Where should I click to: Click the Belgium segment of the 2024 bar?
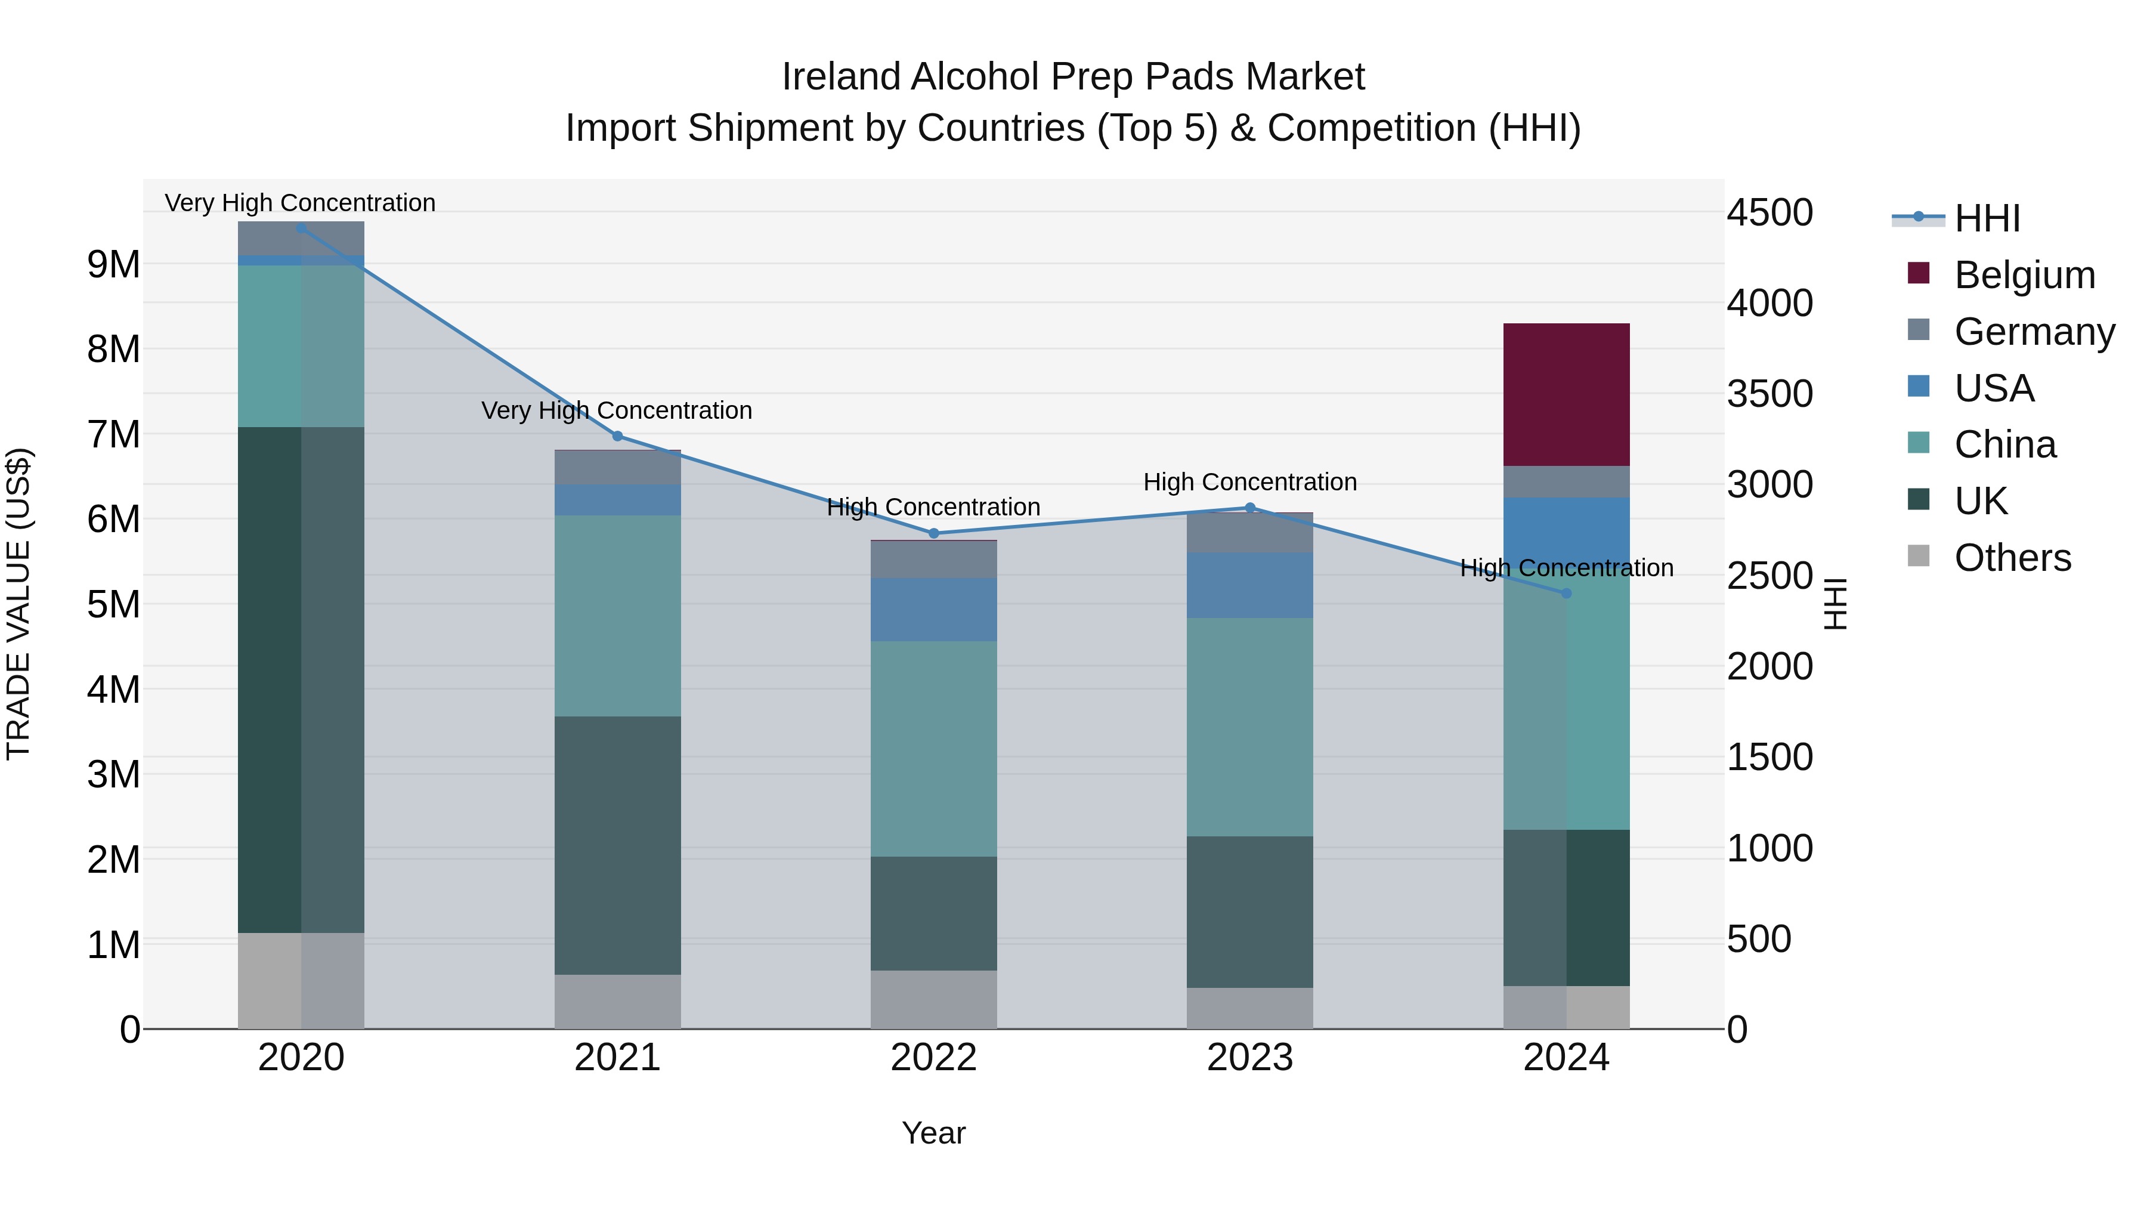(x=1566, y=394)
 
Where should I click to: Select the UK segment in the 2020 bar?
(x=301, y=679)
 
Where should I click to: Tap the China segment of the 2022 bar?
(x=933, y=748)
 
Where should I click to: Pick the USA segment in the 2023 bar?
(x=1249, y=585)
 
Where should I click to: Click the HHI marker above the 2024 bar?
(x=1566, y=594)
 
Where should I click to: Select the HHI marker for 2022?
(x=933, y=533)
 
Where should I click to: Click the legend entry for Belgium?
(x=2024, y=275)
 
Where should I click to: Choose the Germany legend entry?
(x=2034, y=332)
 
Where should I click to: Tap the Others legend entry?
(x=2012, y=558)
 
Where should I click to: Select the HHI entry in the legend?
(x=1987, y=218)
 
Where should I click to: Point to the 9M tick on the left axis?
(x=113, y=264)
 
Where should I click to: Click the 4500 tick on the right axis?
(x=1769, y=212)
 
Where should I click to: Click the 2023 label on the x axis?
(x=1249, y=1058)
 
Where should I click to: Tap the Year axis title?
(x=933, y=1133)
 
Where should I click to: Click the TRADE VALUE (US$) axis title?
(x=18, y=604)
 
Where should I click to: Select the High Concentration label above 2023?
(x=1249, y=482)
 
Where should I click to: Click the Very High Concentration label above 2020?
(x=300, y=203)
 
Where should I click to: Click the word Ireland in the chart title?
(x=841, y=77)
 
